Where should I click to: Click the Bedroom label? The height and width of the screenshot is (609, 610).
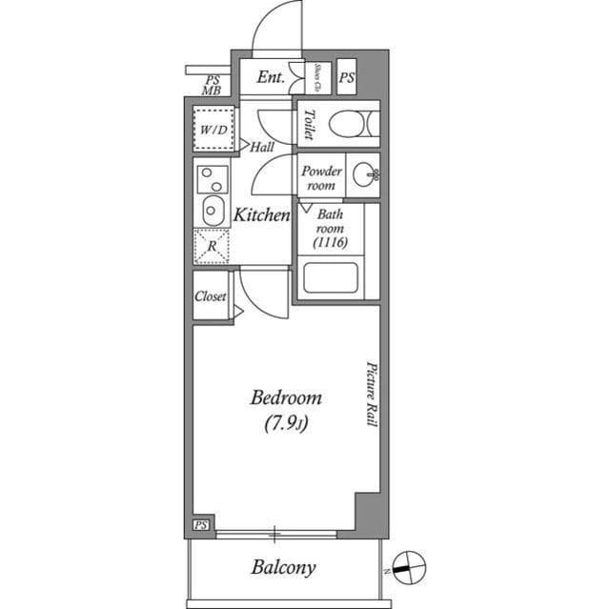point(285,398)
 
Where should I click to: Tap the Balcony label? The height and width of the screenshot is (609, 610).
point(283,568)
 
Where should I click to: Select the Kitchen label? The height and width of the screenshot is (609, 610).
point(262,215)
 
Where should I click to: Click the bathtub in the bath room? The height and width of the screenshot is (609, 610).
point(330,278)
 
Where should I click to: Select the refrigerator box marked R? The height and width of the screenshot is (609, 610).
point(212,245)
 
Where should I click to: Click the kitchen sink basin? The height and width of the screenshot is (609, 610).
point(212,210)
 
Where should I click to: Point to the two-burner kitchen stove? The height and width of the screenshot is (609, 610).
point(212,177)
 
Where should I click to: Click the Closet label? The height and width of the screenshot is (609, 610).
point(211,296)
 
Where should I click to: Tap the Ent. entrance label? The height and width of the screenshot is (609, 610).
point(271,77)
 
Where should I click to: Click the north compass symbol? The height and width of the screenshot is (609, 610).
point(408,565)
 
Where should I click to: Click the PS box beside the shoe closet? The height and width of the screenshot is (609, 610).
point(347,78)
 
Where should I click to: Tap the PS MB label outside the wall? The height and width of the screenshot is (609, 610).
point(212,85)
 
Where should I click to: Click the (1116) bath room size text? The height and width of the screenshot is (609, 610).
point(330,243)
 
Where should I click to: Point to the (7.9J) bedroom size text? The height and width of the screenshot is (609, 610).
point(285,426)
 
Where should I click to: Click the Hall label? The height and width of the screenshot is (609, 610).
point(262,148)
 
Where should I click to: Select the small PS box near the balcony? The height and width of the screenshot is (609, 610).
point(200,525)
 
